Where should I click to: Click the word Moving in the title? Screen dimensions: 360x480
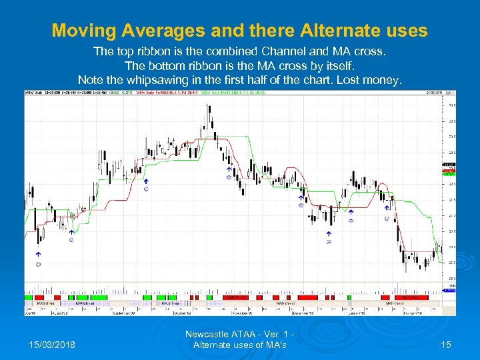coord(80,31)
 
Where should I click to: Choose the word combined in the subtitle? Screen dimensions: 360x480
coord(209,51)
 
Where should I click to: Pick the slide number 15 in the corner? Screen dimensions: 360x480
coord(447,345)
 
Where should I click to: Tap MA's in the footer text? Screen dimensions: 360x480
coord(275,345)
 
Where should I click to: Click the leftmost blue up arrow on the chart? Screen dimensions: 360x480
coord(39,255)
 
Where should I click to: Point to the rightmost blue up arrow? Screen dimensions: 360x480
coord(387,207)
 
